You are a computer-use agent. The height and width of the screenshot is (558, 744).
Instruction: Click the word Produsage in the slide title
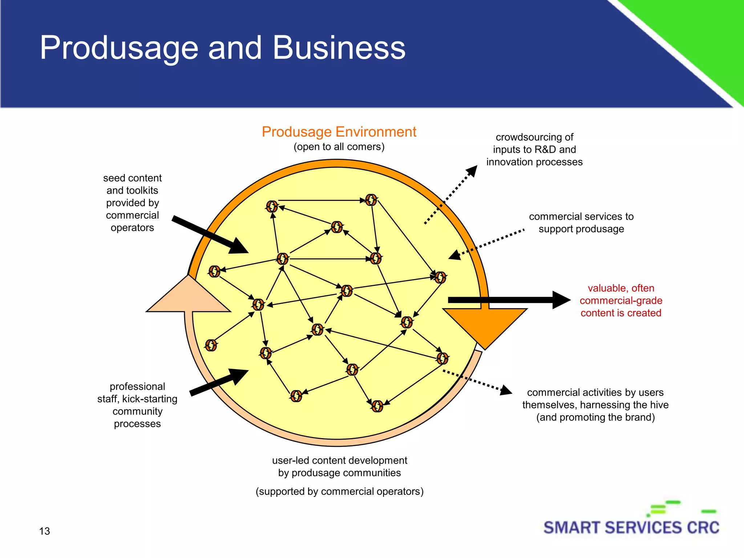tap(119, 48)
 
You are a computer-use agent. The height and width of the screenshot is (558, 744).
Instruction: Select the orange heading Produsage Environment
tap(339, 132)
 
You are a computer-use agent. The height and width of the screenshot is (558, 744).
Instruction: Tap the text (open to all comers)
tap(339, 147)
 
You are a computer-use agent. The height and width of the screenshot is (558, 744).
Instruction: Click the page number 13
tap(44, 531)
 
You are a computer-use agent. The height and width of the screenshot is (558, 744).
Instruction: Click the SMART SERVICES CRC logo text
tap(631, 527)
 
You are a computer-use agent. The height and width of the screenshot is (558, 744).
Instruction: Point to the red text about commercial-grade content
tap(620, 300)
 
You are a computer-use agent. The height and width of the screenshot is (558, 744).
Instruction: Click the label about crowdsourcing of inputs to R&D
tap(534, 149)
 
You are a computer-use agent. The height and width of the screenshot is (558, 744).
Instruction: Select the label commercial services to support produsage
tap(581, 223)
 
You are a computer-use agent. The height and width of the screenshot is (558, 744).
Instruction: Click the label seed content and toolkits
tap(132, 203)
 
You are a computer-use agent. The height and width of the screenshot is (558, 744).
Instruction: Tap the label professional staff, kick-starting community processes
tap(137, 405)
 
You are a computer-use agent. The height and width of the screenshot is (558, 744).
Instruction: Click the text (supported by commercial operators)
tap(339, 492)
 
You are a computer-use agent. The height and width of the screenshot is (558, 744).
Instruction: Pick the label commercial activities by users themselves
tap(595, 405)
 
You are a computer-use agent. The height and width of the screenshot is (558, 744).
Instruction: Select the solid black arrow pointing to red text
tap(509, 300)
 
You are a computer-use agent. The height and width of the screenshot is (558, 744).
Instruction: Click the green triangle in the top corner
tap(701, 33)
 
